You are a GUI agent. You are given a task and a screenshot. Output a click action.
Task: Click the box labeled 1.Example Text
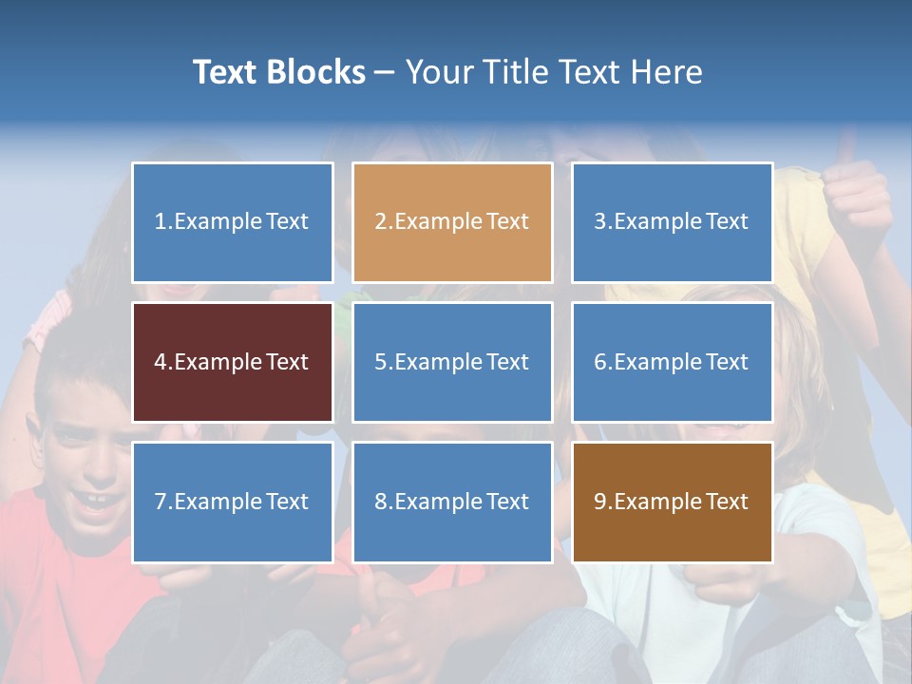tap(233, 222)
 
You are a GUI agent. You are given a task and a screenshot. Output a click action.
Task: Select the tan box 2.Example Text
tap(452, 222)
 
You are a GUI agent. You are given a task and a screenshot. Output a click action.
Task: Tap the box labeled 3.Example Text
tap(672, 222)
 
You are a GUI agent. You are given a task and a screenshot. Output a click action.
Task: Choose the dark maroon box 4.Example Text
tap(233, 362)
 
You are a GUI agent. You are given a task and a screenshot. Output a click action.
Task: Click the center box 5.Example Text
tap(452, 362)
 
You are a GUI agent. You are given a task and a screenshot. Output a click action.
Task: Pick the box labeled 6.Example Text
tap(672, 362)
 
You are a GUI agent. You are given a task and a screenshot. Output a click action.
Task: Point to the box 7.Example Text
tap(233, 502)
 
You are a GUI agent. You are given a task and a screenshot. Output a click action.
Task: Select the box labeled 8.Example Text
tap(452, 502)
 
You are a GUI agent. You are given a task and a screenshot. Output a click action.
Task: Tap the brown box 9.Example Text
tap(672, 502)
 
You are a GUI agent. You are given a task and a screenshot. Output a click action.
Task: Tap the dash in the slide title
tap(385, 73)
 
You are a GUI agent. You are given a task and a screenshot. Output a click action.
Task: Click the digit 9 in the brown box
tap(600, 502)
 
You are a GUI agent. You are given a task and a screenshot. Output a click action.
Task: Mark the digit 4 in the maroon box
tap(161, 362)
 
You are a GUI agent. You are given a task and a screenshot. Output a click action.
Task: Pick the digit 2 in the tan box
tap(380, 222)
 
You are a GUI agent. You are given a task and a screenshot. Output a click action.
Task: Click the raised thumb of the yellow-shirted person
tap(845, 152)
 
